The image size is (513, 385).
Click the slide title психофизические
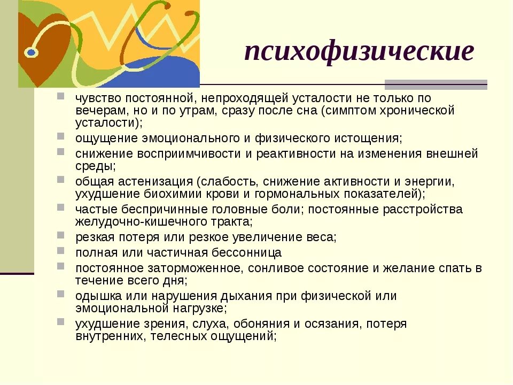click(359, 52)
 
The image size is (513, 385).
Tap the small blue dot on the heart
click(31, 52)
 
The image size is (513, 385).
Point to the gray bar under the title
click(436, 84)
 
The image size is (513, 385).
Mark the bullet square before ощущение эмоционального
click(64, 137)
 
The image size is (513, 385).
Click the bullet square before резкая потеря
click(64, 235)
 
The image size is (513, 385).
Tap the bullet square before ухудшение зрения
click(64, 322)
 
